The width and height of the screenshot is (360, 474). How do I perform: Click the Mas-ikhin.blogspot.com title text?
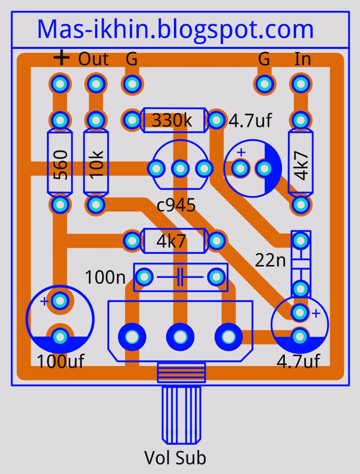click(x=175, y=30)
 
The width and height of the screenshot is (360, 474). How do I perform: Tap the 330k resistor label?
click(x=172, y=120)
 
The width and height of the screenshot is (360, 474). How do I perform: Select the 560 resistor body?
click(x=60, y=162)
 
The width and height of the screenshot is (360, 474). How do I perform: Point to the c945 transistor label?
click(x=176, y=205)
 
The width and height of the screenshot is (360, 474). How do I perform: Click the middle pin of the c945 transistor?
click(x=180, y=169)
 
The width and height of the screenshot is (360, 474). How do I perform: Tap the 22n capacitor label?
click(x=270, y=260)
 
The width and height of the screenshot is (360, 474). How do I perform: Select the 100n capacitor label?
click(x=105, y=277)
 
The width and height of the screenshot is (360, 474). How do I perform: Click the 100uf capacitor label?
click(x=61, y=361)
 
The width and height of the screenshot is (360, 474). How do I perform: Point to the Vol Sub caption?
click(x=175, y=458)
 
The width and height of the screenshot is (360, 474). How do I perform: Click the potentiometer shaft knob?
click(x=181, y=415)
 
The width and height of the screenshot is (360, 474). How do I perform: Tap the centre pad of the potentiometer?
click(x=180, y=337)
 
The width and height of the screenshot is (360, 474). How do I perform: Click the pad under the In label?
click(x=300, y=84)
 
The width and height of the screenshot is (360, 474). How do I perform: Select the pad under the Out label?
click(x=96, y=84)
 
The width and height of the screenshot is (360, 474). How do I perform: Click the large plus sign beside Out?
click(x=61, y=58)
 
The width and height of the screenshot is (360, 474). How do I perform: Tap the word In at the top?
click(x=302, y=59)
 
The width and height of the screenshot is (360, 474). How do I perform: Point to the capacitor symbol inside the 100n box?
click(x=180, y=277)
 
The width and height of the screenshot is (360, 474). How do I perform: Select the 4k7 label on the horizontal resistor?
click(x=171, y=241)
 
